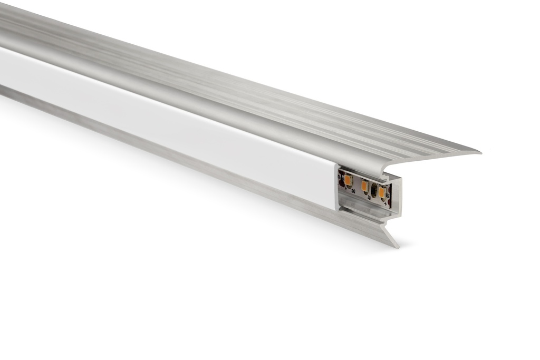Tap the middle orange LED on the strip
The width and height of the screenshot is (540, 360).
364,187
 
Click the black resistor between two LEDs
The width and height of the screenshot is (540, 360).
374,191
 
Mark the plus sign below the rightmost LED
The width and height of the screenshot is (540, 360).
385,203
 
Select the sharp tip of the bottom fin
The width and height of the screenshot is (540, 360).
396,247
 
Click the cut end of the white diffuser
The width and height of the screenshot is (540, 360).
336,187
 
